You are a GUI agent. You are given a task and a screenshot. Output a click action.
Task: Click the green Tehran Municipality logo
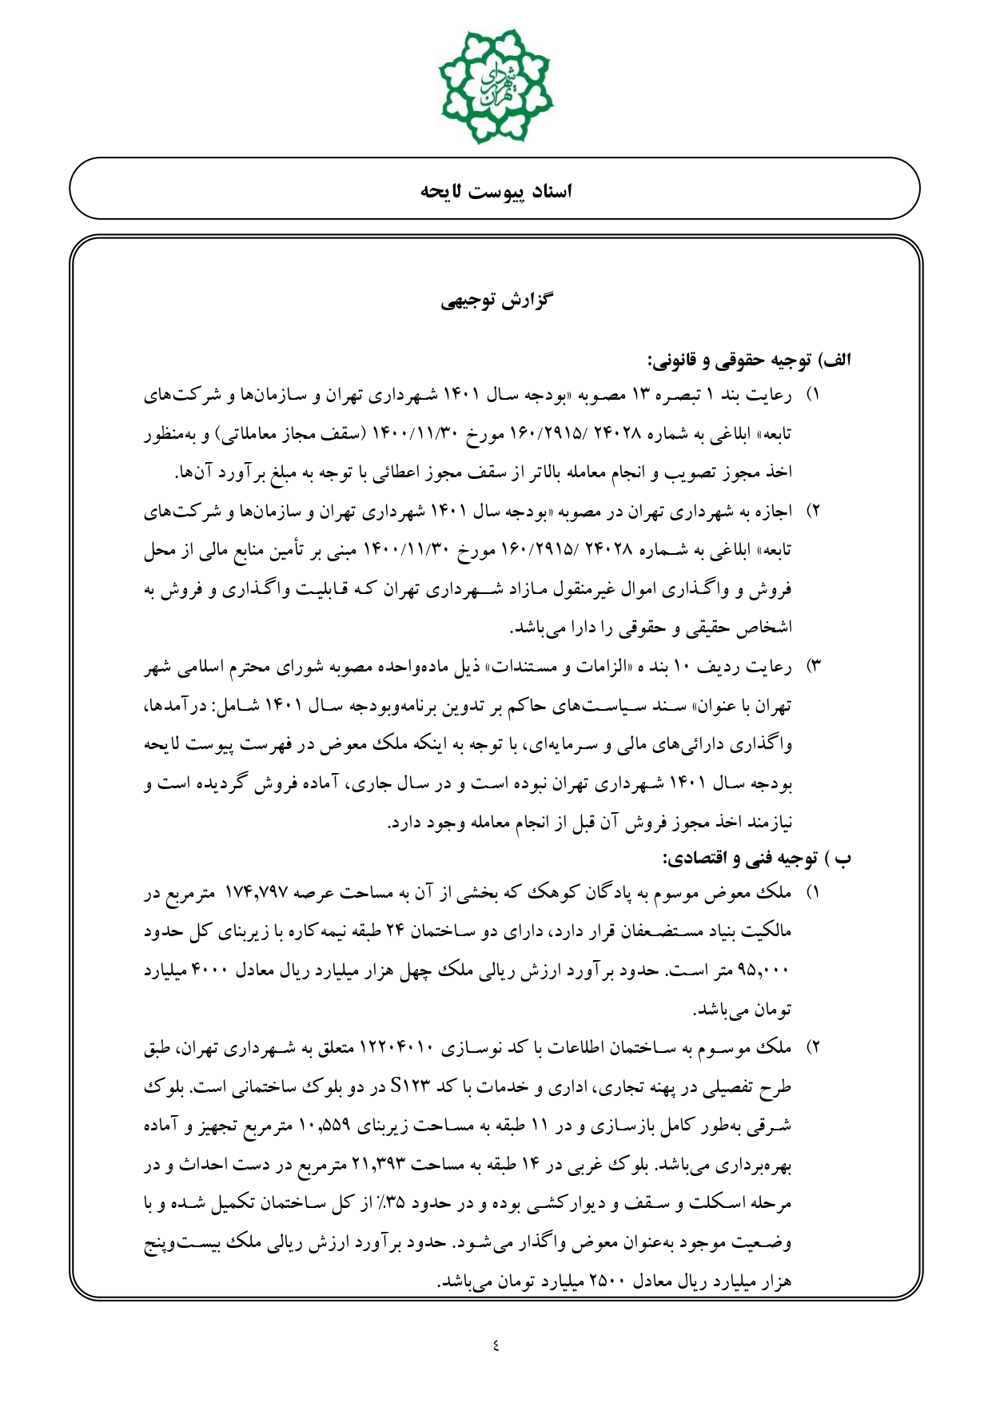click(x=496, y=86)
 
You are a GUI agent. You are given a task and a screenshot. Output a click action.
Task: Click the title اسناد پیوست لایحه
click(x=496, y=191)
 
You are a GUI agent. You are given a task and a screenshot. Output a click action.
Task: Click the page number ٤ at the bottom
click(x=496, y=1345)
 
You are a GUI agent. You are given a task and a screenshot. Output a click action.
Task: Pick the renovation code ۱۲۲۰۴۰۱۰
click(x=397, y=1048)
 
